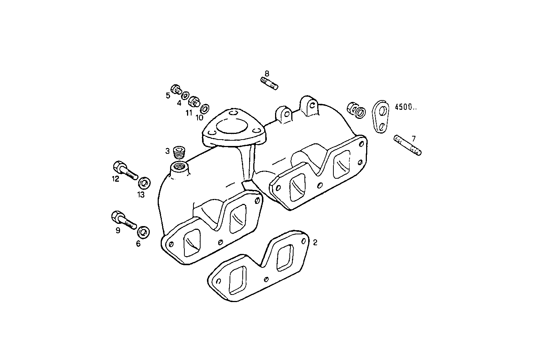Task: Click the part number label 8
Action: click(267, 73)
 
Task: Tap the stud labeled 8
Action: click(269, 83)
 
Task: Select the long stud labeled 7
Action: click(408, 146)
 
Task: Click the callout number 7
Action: click(414, 138)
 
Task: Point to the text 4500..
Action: click(405, 107)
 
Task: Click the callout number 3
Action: click(167, 151)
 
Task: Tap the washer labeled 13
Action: click(144, 184)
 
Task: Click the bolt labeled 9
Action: click(124, 220)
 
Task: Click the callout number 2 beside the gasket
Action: click(315, 243)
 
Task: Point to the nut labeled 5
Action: click(175, 89)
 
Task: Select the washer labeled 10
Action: click(205, 109)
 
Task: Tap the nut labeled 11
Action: click(194, 102)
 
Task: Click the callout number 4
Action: click(179, 102)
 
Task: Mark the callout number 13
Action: click(141, 195)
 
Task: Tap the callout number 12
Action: click(115, 179)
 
